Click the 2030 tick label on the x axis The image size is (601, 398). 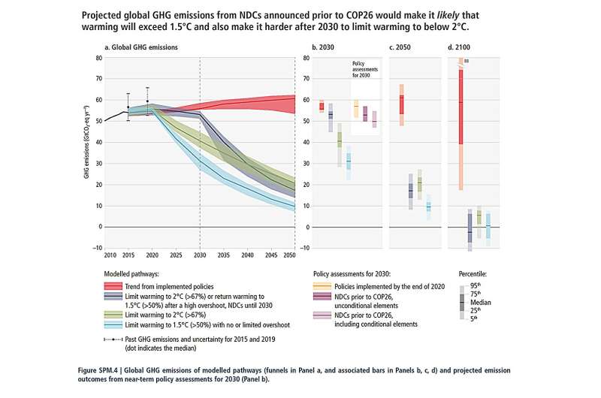click(201, 255)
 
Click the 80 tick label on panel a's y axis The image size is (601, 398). click(98, 58)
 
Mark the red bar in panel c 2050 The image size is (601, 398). click(401, 104)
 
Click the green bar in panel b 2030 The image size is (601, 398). click(339, 139)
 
